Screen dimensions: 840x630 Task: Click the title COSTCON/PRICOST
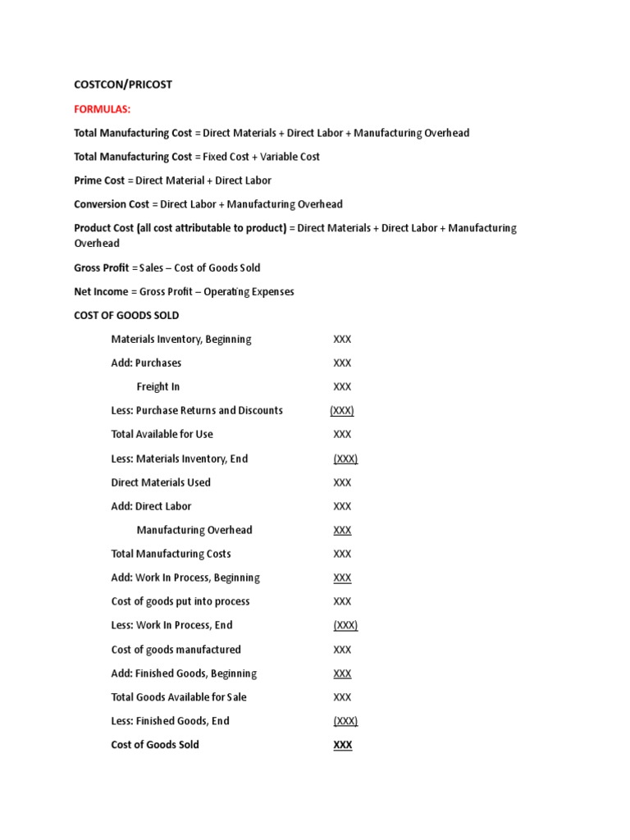[123, 84]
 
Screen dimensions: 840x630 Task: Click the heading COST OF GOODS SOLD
[126, 316]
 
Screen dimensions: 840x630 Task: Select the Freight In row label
[158, 387]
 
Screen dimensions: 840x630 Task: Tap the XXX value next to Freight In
[342, 387]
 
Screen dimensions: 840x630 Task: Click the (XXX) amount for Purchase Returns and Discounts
[342, 411]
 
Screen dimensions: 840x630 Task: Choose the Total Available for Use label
[162, 435]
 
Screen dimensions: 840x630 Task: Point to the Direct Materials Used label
[161, 482]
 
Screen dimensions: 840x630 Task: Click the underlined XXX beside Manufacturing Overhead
[342, 531]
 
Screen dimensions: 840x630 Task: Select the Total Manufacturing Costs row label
[171, 555]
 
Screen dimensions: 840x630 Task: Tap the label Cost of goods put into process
[180, 602]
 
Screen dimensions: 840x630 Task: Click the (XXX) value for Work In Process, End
[345, 626]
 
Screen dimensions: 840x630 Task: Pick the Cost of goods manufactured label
[176, 650]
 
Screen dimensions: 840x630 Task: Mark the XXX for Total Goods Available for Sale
[342, 697]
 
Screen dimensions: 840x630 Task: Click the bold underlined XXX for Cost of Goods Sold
[342, 746]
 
